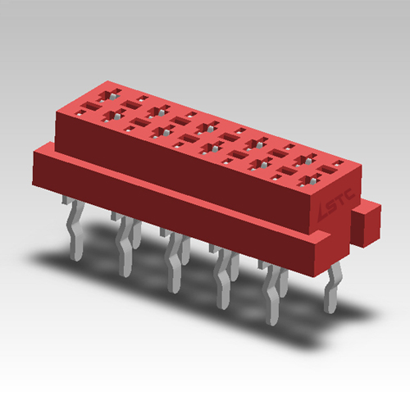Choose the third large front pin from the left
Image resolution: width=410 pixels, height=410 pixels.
click(173, 262)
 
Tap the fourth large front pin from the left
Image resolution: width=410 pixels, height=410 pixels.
click(222, 279)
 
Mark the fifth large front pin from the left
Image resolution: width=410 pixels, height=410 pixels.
click(271, 291)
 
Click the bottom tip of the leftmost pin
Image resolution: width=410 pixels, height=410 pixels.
click(75, 257)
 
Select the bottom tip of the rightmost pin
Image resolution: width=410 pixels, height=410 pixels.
click(330, 310)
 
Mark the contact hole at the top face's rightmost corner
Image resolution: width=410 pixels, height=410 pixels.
click(332, 167)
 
